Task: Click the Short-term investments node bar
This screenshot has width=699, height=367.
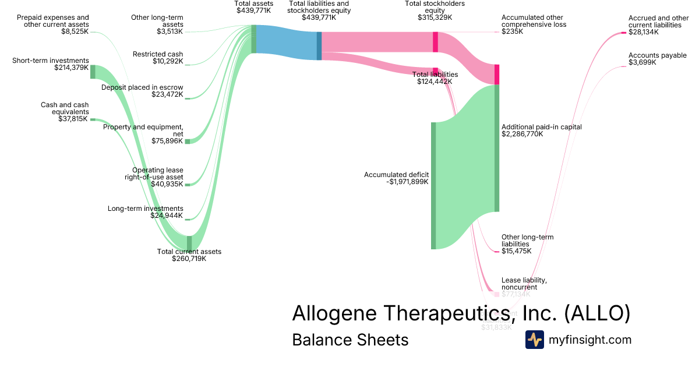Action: click(x=93, y=72)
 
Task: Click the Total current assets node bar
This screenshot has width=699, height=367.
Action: click(x=189, y=242)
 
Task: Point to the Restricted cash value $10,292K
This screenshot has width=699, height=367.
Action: click(x=167, y=61)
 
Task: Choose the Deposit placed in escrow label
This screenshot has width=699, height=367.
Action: click(x=142, y=87)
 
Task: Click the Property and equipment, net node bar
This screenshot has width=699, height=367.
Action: click(x=188, y=141)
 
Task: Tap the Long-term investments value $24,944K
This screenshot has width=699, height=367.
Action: click(x=167, y=216)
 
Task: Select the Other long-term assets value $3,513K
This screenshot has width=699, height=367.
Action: click(x=170, y=31)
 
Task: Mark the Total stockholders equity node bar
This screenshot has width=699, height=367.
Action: click(x=435, y=42)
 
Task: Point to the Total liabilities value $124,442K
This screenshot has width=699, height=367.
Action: click(x=434, y=82)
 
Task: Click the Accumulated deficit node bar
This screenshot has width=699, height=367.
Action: click(x=433, y=185)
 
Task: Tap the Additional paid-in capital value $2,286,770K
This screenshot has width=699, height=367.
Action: click(x=522, y=134)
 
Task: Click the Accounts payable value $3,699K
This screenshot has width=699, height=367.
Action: click(x=642, y=62)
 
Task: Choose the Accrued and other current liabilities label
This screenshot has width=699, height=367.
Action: click(x=654, y=22)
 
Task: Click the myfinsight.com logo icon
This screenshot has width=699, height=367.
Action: click(x=535, y=340)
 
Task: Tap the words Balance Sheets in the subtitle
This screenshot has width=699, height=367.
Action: click(x=350, y=340)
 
